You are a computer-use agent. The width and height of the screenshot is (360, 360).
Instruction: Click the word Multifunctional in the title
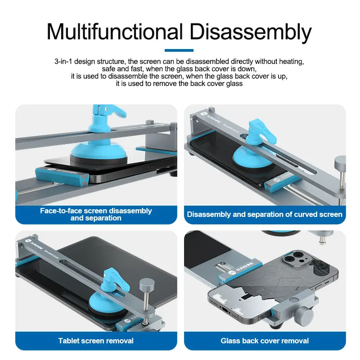[115, 31]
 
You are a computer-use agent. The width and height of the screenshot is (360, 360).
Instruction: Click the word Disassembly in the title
[251, 32]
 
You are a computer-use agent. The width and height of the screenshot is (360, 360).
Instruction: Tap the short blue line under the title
[179, 50]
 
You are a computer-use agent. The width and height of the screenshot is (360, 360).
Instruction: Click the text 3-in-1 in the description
[63, 62]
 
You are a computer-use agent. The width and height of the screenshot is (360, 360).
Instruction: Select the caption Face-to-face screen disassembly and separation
[96, 214]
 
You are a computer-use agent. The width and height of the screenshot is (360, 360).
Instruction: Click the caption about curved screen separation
[265, 214]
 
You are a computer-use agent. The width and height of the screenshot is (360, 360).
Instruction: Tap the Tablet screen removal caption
[96, 341]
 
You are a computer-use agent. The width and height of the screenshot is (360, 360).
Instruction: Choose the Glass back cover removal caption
[265, 341]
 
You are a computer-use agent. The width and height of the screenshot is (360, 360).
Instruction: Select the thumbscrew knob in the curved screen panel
[340, 163]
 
